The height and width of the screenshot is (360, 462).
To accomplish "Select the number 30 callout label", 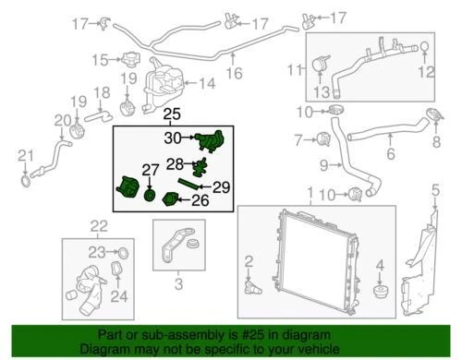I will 172,138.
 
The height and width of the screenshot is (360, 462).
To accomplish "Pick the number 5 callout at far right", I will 435,192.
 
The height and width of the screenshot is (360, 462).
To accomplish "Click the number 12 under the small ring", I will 426,70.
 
